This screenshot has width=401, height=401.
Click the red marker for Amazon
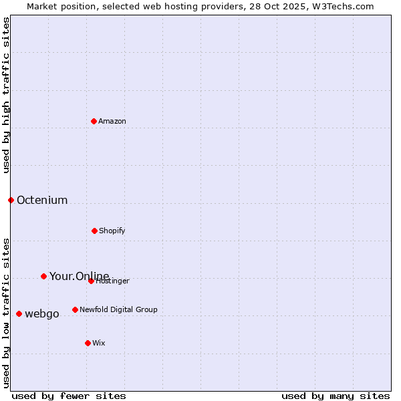(x=94, y=121)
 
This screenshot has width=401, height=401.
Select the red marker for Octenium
(x=11, y=200)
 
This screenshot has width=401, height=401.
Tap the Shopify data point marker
(x=94, y=231)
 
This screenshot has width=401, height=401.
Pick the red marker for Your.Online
(x=43, y=276)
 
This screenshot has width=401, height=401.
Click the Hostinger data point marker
(x=91, y=281)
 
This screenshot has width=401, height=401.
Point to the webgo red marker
(x=19, y=313)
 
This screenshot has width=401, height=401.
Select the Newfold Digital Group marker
(x=75, y=309)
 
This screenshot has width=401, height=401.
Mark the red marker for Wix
(x=88, y=343)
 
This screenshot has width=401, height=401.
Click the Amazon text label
(x=112, y=121)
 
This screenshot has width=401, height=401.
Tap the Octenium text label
(x=42, y=200)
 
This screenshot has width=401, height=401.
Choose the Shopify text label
(x=112, y=231)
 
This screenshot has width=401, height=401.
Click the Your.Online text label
(x=79, y=276)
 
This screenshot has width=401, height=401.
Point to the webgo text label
(x=42, y=313)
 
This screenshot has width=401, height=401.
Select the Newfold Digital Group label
(x=118, y=309)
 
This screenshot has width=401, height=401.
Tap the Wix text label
(x=99, y=343)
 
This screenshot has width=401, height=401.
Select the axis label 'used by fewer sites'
(x=69, y=396)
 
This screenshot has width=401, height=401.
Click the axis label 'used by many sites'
(x=336, y=396)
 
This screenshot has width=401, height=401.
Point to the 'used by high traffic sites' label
(x=6, y=95)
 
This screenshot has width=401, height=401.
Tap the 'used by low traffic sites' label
(x=6, y=313)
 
